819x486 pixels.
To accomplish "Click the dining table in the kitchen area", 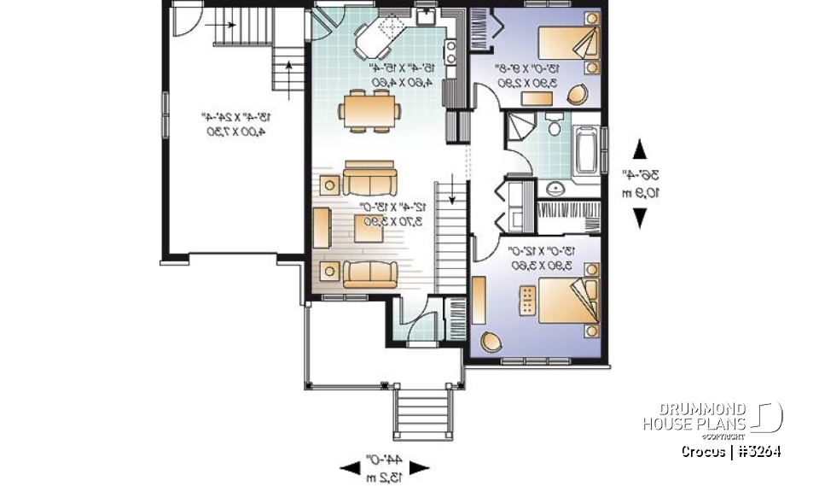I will click(369, 108).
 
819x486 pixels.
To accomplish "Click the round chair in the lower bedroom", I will click(491, 341).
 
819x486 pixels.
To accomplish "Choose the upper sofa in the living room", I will click(369, 181).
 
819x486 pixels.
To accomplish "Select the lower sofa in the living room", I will click(369, 273).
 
